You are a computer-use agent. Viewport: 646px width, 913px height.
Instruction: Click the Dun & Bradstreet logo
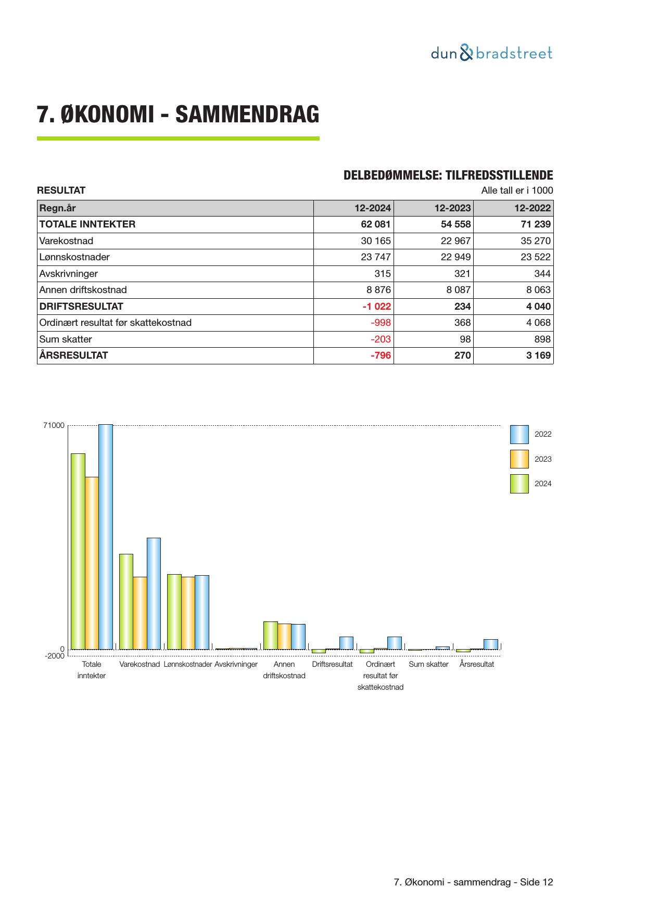491,53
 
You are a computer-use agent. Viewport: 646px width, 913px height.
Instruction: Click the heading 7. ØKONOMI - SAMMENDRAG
178,115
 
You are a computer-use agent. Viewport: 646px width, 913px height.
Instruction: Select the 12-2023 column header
452,208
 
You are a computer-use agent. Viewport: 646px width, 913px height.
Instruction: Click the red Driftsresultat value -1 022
376,307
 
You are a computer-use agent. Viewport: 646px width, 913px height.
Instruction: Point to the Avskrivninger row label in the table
69,274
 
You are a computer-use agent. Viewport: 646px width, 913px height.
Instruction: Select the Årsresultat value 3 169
537,356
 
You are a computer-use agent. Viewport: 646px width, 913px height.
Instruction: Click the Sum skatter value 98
465,339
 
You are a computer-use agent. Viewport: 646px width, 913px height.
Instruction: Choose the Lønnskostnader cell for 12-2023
452,257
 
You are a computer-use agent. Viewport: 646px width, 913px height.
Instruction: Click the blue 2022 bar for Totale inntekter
106,536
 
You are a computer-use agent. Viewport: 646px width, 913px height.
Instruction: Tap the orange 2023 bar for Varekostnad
140,613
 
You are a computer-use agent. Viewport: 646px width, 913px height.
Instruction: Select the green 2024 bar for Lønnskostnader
174,612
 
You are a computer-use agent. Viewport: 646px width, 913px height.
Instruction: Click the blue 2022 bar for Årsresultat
491,644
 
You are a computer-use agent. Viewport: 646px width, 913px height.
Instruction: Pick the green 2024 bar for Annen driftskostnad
270,635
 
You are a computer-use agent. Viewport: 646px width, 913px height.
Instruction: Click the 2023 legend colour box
519,459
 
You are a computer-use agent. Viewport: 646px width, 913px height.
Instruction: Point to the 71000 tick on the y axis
54,426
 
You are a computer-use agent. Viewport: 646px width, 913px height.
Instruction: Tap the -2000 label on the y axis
54,656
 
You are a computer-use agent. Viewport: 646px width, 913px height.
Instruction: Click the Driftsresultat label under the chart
332,665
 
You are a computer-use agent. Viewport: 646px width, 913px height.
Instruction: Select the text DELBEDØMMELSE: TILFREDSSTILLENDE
448,175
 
